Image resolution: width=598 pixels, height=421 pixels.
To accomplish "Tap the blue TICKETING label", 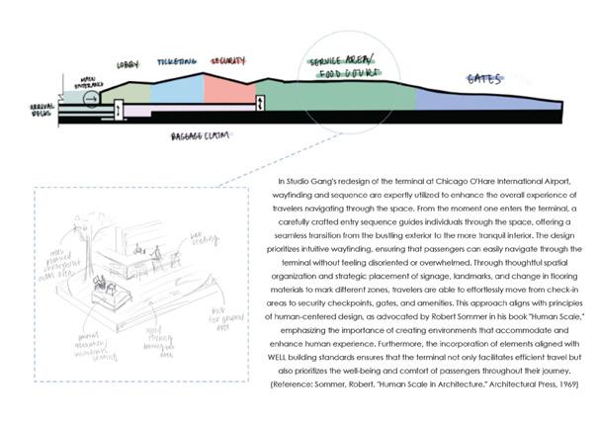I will point(177,60).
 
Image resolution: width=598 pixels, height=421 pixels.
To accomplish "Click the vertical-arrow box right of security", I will point(260,104).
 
